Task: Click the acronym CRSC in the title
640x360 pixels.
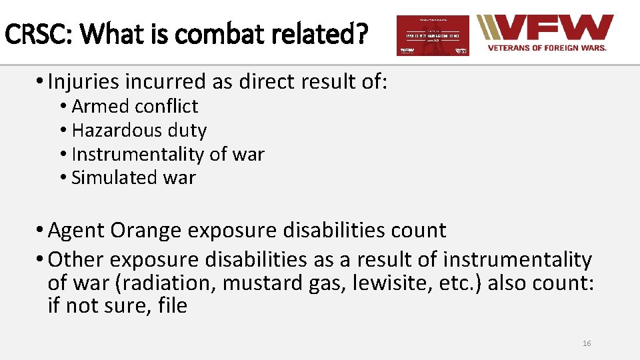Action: (x=32, y=33)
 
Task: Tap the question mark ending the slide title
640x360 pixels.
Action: (x=360, y=33)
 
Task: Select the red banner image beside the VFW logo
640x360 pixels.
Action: (x=433, y=35)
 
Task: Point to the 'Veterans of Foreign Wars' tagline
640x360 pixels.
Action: (x=547, y=48)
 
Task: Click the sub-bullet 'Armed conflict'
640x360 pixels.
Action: (x=135, y=107)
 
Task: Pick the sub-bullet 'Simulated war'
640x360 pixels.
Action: (x=133, y=177)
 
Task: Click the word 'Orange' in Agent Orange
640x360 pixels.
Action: (x=145, y=231)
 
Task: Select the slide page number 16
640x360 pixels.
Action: (x=587, y=343)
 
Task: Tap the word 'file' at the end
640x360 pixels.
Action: (x=173, y=307)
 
